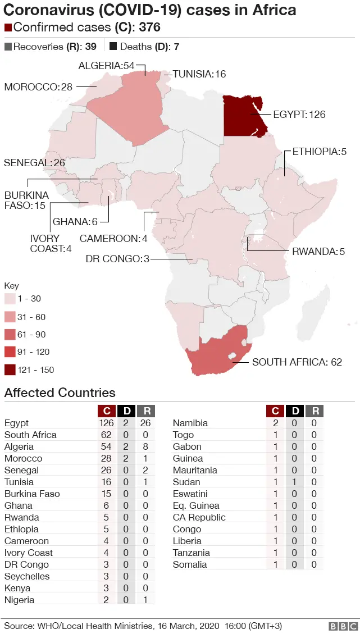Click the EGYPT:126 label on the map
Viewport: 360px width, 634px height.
tap(299, 115)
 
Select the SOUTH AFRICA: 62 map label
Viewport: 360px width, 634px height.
tap(297, 362)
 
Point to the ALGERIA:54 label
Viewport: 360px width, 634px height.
tap(107, 66)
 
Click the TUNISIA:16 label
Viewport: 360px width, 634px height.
tap(199, 74)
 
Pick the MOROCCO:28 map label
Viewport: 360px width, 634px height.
tap(38, 86)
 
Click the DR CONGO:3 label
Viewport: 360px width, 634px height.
tap(117, 259)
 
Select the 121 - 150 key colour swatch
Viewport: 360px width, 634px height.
tap(10, 370)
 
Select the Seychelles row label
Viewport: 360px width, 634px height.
tap(27, 576)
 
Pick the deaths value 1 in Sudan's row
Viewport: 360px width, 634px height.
tap(295, 482)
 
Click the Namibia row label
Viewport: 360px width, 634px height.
tap(190, 423)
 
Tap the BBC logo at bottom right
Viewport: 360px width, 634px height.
tap(342, 626)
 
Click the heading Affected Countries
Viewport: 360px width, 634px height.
tap(60, 393)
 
